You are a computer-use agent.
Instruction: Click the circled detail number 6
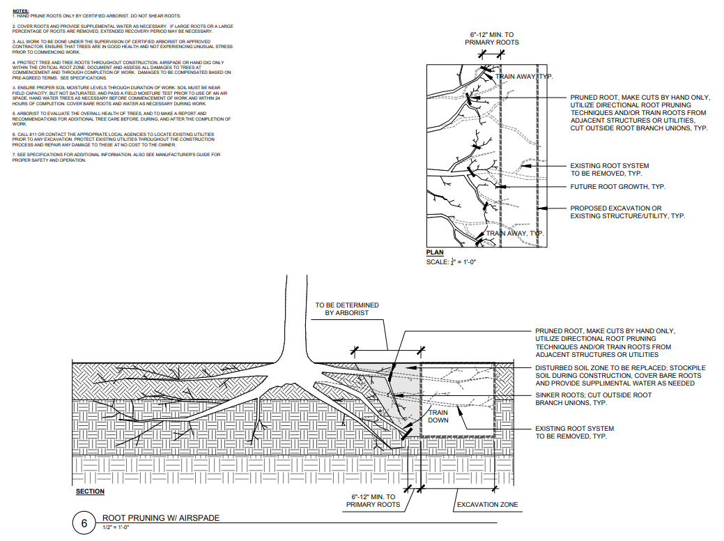pyautogui.click(x=85, y=523)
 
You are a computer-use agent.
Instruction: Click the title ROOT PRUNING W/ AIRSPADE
pyautogui.click(x=161, y=518)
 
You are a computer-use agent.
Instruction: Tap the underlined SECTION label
pyautogui.click(x=90, y=492)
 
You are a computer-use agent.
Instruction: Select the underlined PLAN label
pyautogui.click(x=435, y=252)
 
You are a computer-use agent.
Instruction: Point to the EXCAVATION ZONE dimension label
pyautogui.click(x=487, y=504)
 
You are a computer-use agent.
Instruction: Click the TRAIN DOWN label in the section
pyautogui.click(x=438, y=416)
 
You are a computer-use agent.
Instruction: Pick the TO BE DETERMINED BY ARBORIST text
pyautogui.click(x=347, y=310)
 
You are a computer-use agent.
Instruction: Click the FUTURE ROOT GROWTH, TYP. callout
pyautogui.click(x=617, y=187)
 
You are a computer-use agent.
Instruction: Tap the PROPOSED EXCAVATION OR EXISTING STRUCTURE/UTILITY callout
pyautogui.click(x=627, y=212)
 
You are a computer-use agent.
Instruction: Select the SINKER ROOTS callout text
pyautogui.click(x=593, y=399)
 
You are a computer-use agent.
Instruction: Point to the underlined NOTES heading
pyautogui.click(x=20, y=11)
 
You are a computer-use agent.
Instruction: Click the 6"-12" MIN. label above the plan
pyautogui.click(x=492, y=38)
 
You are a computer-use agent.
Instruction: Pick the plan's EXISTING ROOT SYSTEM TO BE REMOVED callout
pyautogui.click(x=609, y=169)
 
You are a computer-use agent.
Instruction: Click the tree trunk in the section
pyautogui.click(x=297, y=314)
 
